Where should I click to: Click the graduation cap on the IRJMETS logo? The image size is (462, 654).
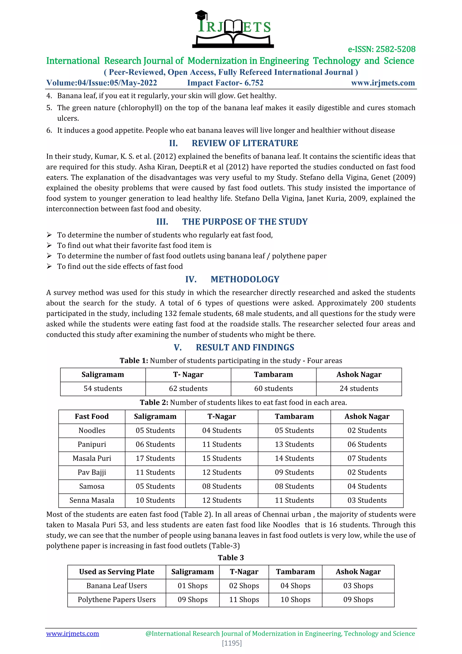click(201, 14)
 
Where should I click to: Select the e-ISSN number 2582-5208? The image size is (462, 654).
click(381, 49)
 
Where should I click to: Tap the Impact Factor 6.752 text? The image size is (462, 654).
click(225, 83)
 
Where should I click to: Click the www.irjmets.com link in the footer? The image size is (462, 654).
click(73, 633)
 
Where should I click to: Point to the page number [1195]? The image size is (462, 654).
click(232, 643)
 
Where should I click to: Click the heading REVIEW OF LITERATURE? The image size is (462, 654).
click(245, 143)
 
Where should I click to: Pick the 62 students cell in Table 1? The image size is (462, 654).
click(188, 388)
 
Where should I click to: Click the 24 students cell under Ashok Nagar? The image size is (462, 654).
click(359, 388)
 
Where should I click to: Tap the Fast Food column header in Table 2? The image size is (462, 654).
click(92, 416)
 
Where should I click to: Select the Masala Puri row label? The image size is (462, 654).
click(92, 458)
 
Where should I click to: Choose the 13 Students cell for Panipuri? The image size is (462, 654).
click(294, 444)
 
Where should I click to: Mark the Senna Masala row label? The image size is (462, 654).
click(92, 500)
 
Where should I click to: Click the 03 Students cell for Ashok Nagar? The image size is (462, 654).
click(367, 500)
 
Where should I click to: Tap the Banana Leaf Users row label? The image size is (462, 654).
click(117, 586)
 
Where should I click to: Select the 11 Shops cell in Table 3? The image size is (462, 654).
click(244, 600)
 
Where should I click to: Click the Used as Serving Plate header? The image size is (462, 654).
click(117, 572)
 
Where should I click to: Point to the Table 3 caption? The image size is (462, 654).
click(231, 558)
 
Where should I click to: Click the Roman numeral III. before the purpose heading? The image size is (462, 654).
click(162, 222)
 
